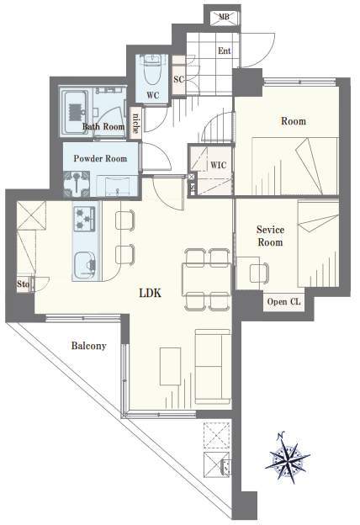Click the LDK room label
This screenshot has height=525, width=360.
coord(151,293)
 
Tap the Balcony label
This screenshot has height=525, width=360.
coord(89,346)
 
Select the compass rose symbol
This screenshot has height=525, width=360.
coord(288,458)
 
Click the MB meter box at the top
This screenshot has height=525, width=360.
coord(225,17)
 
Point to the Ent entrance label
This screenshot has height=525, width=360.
coord(225,50)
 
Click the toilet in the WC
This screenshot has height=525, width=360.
coord(152,70)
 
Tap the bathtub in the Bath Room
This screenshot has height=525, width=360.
coord(75,112)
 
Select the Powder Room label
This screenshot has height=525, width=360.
coord(100,158)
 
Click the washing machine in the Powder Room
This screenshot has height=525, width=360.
coord(77,183)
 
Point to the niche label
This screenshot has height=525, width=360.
coord(135,123)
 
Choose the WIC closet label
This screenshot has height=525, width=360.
coord(218,165)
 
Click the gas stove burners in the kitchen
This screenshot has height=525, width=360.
coord(85,219)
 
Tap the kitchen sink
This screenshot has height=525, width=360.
coord(85,265)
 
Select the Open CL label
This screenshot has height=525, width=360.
coord(283,302)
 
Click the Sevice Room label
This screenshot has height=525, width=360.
coord(270,236)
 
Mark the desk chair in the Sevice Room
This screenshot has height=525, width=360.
coord(259,273)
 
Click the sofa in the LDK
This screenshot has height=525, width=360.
coord(213,366)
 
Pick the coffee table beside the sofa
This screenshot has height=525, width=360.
coord(171,366)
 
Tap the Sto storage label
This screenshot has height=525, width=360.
coord(23,284)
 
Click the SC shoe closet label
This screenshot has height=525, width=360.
coord(178,79)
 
